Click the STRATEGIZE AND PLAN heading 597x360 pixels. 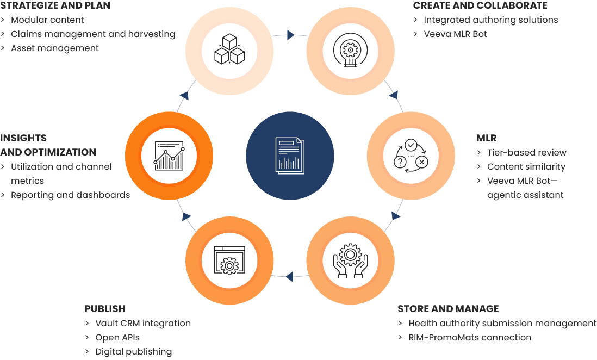55,5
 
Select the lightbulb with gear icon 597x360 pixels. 350,50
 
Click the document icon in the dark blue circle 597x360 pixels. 290,156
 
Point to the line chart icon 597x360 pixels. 169,156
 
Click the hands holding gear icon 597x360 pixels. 350,260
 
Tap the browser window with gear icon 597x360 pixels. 229,260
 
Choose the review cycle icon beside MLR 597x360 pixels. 411,156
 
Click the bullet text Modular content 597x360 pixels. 47,20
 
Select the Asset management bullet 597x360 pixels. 55,48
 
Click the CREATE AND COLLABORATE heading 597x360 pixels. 480,5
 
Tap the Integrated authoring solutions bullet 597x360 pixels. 491,20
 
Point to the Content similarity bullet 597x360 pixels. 526,166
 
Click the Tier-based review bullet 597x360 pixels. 526,152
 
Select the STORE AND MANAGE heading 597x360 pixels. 448,308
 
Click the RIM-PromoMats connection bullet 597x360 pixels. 470,337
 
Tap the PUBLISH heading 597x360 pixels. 105,308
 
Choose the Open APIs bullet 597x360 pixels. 117,338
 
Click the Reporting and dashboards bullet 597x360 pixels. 71,195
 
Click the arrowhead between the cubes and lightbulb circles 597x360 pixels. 290,35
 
